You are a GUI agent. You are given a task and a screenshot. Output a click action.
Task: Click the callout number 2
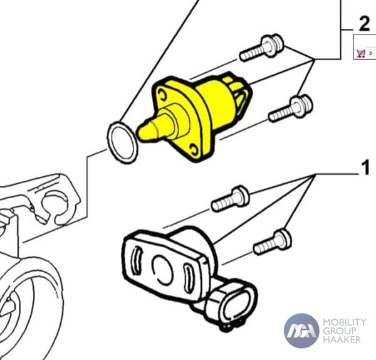pos(364,24)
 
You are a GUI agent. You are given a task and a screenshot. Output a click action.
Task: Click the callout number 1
pos(365,168)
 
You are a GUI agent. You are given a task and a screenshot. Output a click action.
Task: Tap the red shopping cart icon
pos(361,53)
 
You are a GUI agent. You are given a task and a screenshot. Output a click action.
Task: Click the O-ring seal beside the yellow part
pos(122,143)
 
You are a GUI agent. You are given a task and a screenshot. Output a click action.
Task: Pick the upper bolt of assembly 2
pos(262,48)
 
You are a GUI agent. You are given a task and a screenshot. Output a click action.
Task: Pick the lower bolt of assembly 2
pos(291,109)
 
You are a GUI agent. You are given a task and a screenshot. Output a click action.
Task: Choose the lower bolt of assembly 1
pos(273,242)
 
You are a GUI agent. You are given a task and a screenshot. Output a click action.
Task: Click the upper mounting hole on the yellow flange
pos(162,94)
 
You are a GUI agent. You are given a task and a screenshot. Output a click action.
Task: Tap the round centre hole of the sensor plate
pos(162,269)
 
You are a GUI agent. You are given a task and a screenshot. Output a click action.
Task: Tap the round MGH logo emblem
pos(301,331)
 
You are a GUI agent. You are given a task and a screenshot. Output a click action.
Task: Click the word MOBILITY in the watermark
pos(345,322)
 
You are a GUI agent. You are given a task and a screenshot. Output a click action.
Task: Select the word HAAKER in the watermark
pos(342,339)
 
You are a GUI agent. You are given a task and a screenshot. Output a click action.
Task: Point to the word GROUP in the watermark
pos(339,331)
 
